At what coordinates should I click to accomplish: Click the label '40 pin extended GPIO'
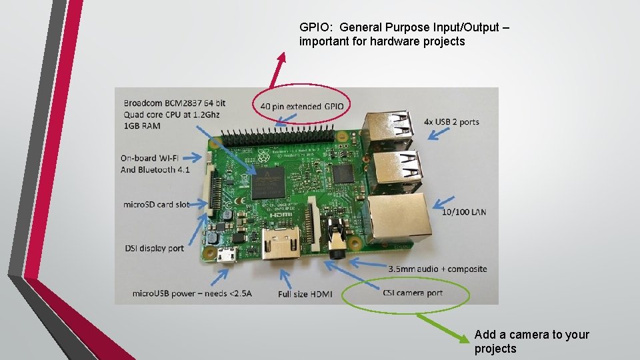pyautogui.click(x=302, y=106)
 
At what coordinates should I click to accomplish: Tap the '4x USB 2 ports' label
pyautogui.click(x=451, y=122)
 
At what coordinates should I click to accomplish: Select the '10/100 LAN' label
pyautogui.click(x=464, y=212)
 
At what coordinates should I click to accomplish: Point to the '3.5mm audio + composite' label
pyautogui.click(x=437, y=269)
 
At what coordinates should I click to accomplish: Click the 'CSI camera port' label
pyautogui.click(x=413, y=293)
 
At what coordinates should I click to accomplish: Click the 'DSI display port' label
pyautogui.click(x=154, y=249)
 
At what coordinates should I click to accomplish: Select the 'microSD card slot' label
pyautogui.click(x=157, y=205)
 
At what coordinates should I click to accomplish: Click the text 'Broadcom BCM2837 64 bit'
pyautogui.click(x=175, y=103)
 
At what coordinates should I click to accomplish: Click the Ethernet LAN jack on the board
pyautogui.click(x=399, y=217)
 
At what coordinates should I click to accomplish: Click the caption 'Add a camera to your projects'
pyautogui.click(x=531, y=341)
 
